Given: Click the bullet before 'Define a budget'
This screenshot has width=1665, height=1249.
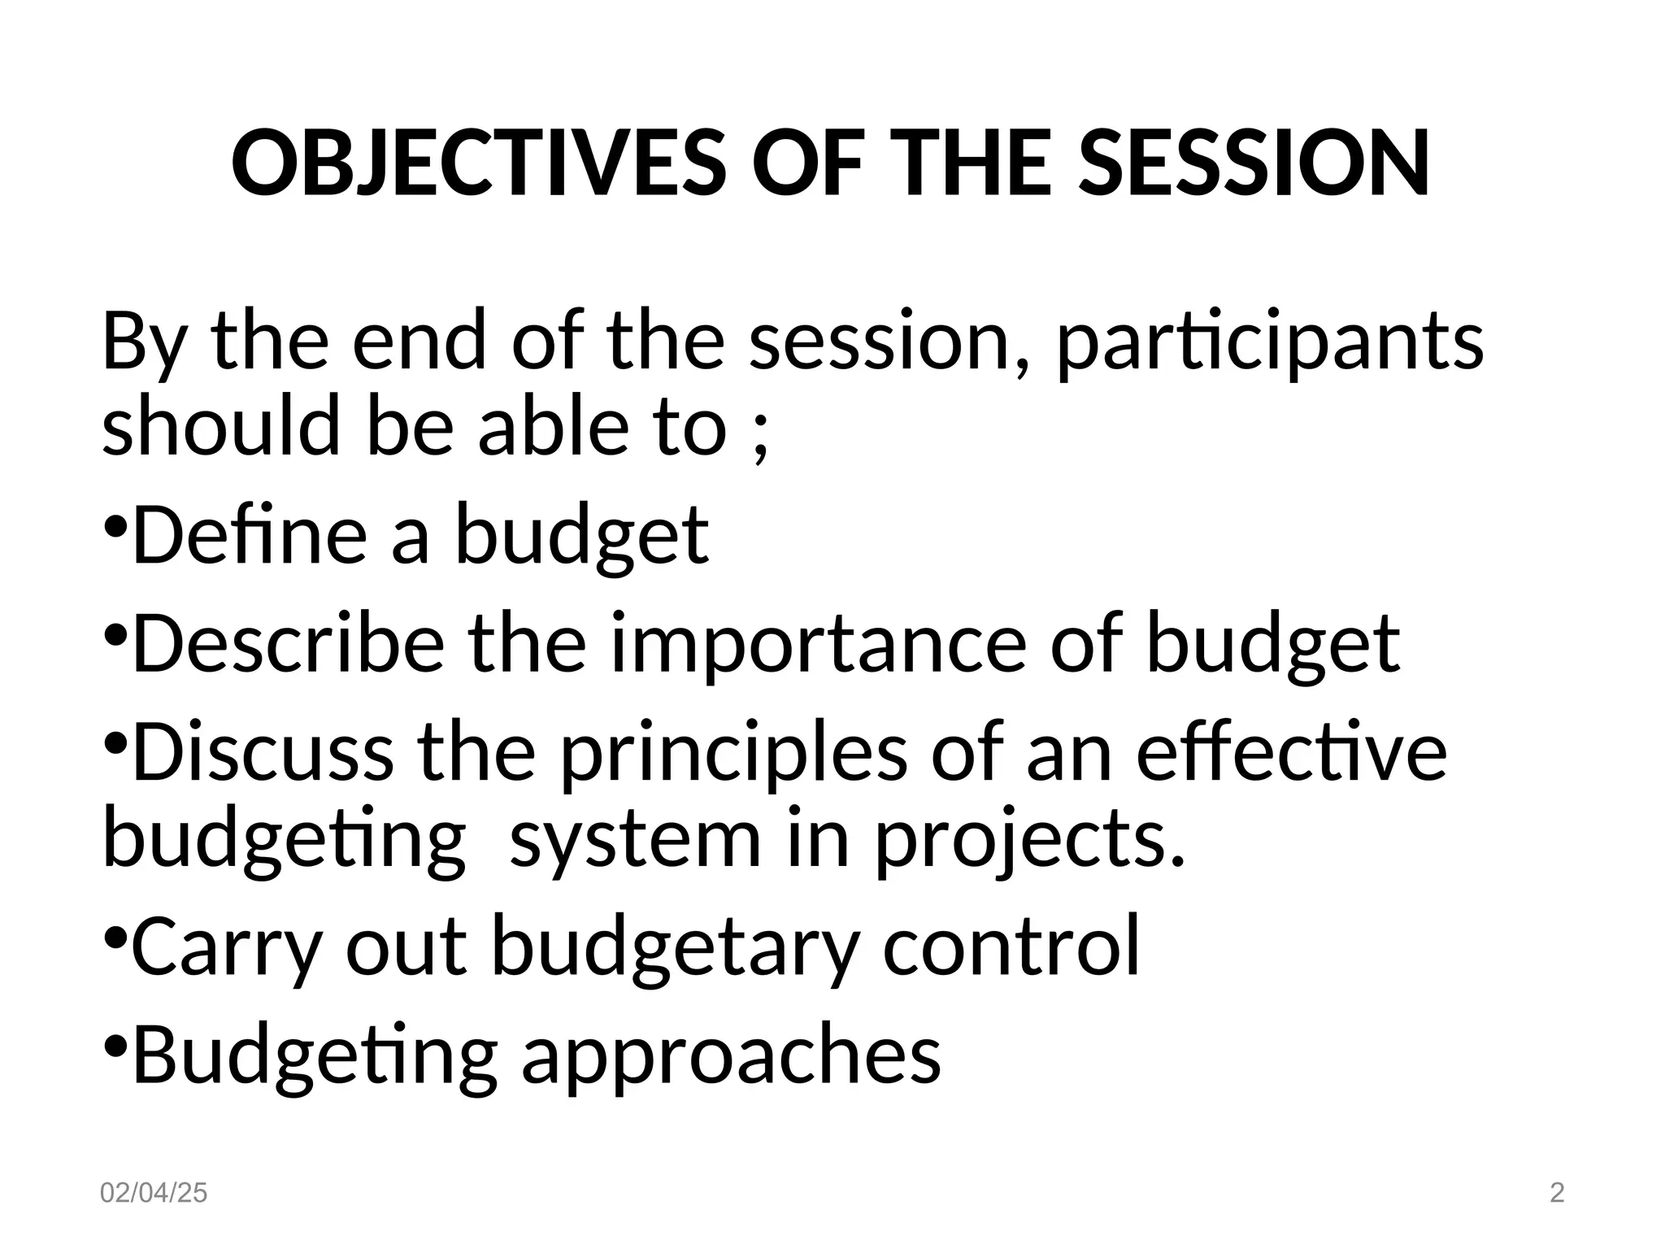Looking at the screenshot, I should pyautogui.click(x=115, y=525).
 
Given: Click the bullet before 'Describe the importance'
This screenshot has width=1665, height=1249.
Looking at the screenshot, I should pyautogui.click(x=115, y=633).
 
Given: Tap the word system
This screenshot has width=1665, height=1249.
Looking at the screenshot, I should pyautogui.click(x=635, y=842).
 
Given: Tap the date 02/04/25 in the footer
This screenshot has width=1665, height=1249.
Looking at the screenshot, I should pyautogui.click(x=153, y=1193).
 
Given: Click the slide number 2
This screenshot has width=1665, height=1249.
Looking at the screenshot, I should pyautogui.click(x=1557, y=1193).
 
